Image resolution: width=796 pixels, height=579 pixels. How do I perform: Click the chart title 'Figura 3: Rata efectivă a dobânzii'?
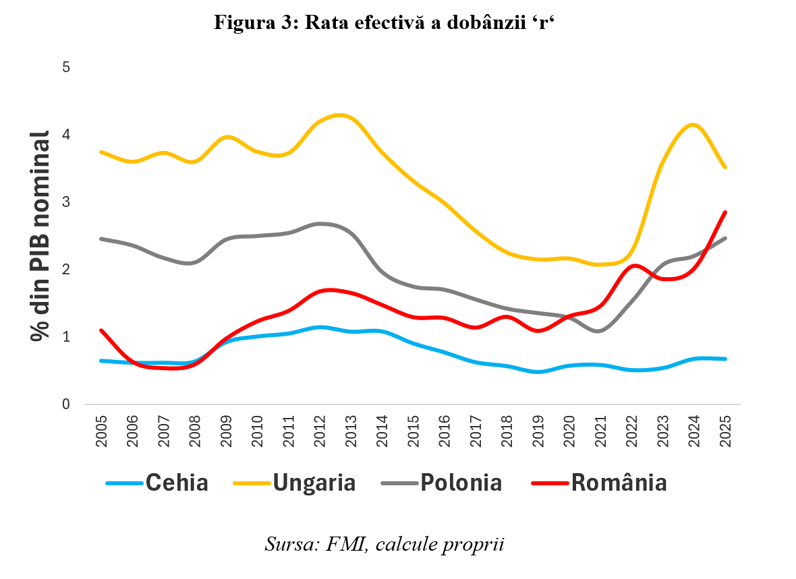(x=383, y=22)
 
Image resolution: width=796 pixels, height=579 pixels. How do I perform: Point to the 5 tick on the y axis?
(x=67, y=67)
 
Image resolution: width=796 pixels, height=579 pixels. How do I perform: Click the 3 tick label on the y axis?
(x=67, y=202)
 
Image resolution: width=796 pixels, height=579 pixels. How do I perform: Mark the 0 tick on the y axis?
(x=67, y=404)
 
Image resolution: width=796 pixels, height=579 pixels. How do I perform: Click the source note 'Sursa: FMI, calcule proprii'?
(x=385, y=543)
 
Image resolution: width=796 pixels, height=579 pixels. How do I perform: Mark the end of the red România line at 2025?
(x=725, y=212)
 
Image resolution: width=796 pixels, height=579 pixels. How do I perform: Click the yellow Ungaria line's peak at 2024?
(x=693, y=125)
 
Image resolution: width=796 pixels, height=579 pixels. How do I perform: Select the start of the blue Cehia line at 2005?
(x=101, y=361)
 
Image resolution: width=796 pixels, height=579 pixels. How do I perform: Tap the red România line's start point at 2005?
(x=101, y=330)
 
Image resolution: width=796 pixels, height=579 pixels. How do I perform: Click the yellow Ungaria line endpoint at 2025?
(x=725, y=168)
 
